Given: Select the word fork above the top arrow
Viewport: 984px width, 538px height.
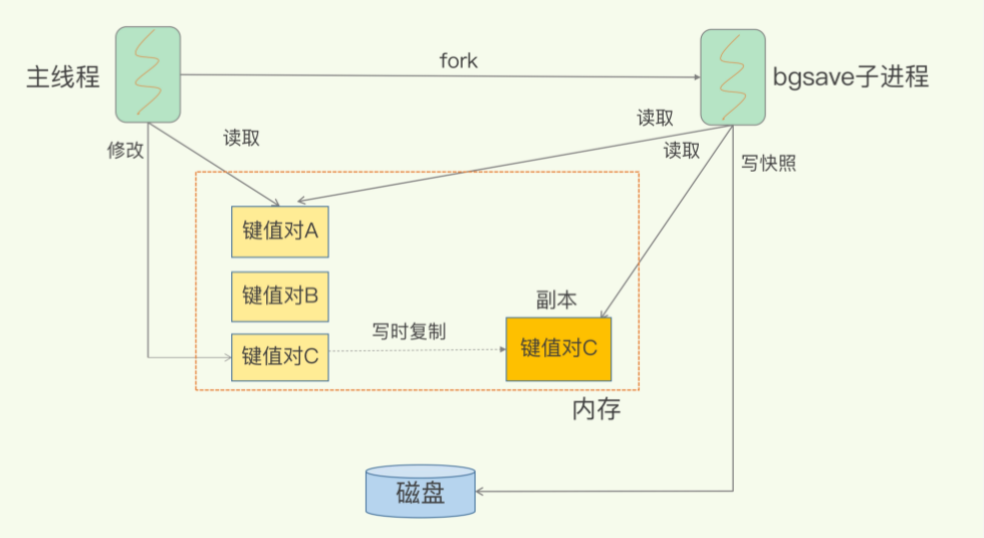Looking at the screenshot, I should (459, 61).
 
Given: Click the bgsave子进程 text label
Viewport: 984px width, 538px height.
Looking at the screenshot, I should (850, 77).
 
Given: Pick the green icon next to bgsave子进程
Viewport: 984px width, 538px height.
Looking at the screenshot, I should (733, 77).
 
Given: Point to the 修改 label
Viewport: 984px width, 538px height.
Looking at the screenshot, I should (126, 150).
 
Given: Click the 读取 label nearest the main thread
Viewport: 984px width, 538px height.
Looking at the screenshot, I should (241, 139).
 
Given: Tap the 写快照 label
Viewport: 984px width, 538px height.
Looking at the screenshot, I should (769, 164).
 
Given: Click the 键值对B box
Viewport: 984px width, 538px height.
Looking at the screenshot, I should (280, 296).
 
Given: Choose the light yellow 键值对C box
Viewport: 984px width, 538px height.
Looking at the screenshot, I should (280, 356).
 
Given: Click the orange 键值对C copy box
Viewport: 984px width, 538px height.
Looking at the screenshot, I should (558, 348).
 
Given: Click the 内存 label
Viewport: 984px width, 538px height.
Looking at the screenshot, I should (596, 409).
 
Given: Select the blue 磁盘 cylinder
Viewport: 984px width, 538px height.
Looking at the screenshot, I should (420, 491).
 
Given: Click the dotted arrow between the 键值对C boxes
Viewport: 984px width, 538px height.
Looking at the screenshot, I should (419, 350).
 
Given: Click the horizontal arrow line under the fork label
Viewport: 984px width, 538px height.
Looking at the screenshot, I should (439, 75).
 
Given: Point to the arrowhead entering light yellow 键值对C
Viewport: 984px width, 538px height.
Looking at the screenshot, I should (226, 356).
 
